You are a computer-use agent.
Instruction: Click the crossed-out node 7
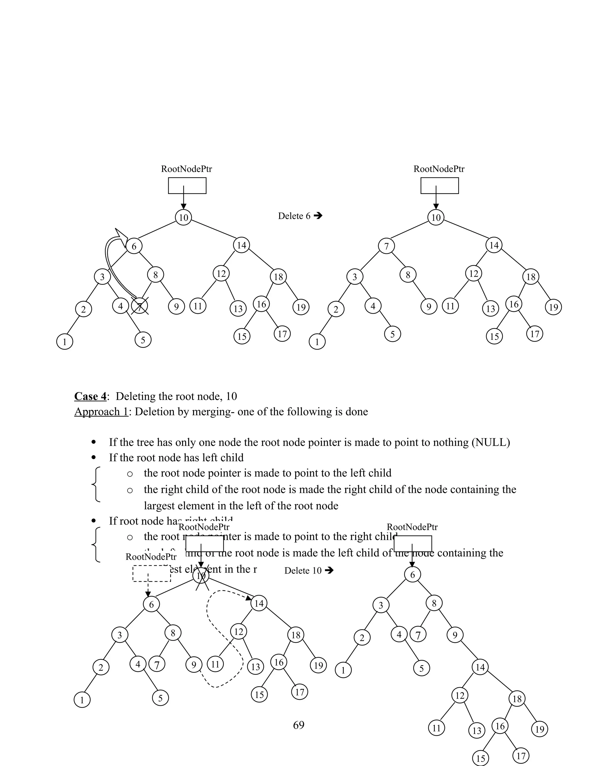pyautogui.click(x=140, y=307)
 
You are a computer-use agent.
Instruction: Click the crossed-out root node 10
pyautogui.click(x=201, y=576)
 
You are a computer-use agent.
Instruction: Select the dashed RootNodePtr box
pyautogui.click(x=152, y=573)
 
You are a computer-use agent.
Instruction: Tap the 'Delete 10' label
pyautogui.click(x=303, y=571)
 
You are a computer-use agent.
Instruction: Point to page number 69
pyautogui.click(x=298, y=725)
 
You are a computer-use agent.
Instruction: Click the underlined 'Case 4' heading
pyautogui.click(x=90, y=396)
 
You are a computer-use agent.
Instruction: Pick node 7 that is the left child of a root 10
pyautogui.click(x=386, y=246)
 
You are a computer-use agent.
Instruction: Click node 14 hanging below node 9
pyautogui.click(x=480, y=667)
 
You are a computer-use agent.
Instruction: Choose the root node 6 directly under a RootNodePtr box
pyautogui.click(x=412, y=575)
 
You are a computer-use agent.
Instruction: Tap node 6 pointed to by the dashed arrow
pyautogui.click(x=151, y=604)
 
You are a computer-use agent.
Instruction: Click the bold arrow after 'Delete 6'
pyautogui.click(x=318, y=216)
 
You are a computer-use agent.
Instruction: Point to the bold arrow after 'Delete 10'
pyautogui.click(x=329, y=571)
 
